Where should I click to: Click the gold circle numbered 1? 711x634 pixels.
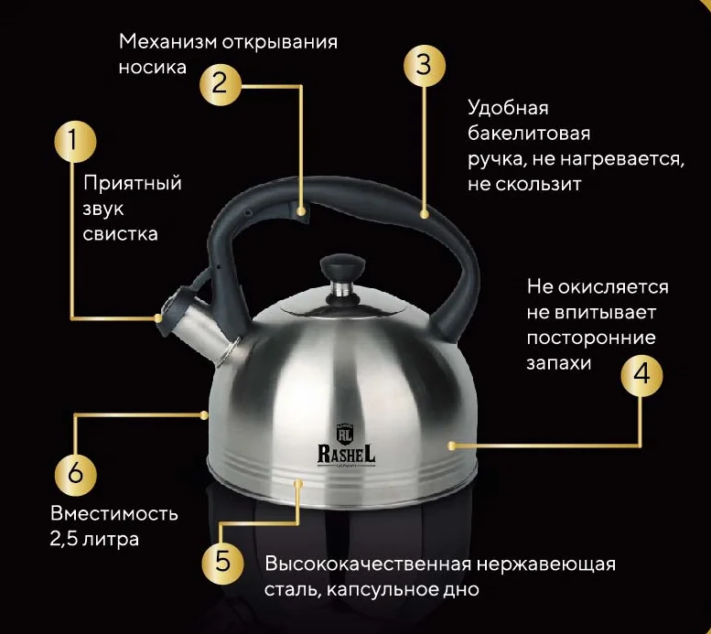coord(75,141)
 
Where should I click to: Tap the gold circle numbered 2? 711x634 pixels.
coord(221,85)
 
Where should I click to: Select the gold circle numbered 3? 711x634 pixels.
coord(425,65)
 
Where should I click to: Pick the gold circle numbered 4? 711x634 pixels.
coord(641,375)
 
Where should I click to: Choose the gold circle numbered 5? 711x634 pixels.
coord(222,563)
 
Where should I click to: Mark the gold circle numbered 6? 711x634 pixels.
coord(76,474)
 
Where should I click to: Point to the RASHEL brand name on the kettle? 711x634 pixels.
coord(347,454)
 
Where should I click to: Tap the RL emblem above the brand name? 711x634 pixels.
coord(344,433)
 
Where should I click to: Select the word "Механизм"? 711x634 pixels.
coord(167,42)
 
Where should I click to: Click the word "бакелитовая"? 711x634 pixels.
coord(529,134)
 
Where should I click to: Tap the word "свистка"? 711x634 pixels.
coord(120,234)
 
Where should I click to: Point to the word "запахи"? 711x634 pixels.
coord(559,363)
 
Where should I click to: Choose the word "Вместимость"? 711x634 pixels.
coord(114,513)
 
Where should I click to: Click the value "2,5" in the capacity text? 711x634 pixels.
coord(63,539)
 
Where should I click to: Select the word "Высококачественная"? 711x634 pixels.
coord(368,564)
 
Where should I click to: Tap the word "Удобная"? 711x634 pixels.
coord(508,108)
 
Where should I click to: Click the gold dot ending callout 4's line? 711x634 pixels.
coord(452,446)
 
